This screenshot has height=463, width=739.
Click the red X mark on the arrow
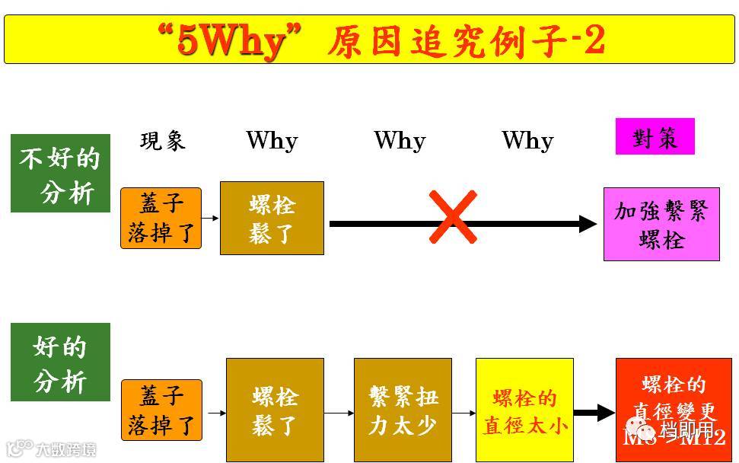pyautogui.click(x=453, y=217)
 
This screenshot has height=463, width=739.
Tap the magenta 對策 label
pyautogui.click(x=655, y=137)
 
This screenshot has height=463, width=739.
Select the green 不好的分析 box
pyautogui.click(x=60, y=174)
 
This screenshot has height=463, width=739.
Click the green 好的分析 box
pyautogui.click(x=60, y=362)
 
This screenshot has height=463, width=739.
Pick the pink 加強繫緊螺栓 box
pyautogui.click(x=661, y=225)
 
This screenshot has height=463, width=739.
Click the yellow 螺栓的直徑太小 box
pyautogui.click(x=524, y=410)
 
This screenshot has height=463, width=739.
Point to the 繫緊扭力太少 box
pyautogui.click(x=403, y=410)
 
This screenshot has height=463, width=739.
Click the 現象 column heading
pyautogui.click(x=163, y=140)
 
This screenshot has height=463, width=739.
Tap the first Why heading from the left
pyautogui.click(x=272, y=140)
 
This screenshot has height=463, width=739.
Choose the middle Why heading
pyautogui.click(x=400, y=140)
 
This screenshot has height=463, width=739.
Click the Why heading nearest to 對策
pyautogui.click(x=527, y=140)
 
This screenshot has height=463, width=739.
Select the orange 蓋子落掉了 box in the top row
pyautogui.click(x=161, y=218)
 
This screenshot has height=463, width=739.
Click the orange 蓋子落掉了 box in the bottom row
pyautogui.click(x=161, y=410)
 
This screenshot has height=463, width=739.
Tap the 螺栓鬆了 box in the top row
pyautogui.click(x=272, y=218)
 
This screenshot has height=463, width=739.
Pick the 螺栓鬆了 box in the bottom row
pyautogui.click(x=275, y=410)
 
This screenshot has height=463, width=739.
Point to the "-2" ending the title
pyautogui.click(x=586, y=40)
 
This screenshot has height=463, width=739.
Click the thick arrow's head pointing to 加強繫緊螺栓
pyautogui.click(x=588, y=224)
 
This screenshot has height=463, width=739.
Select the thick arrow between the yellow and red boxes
pyautogui.click(x=594, y=413)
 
